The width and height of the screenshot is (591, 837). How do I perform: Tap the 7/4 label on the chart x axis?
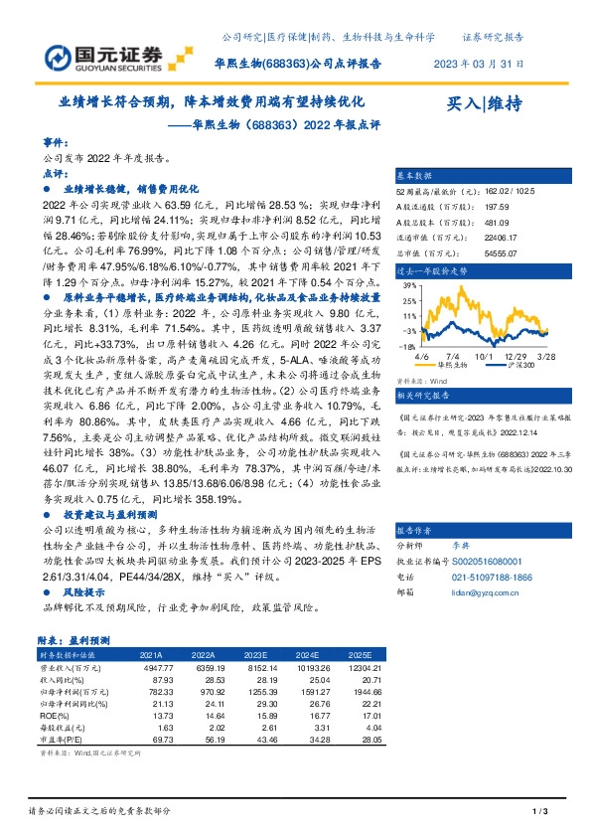(x=453, y=354)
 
